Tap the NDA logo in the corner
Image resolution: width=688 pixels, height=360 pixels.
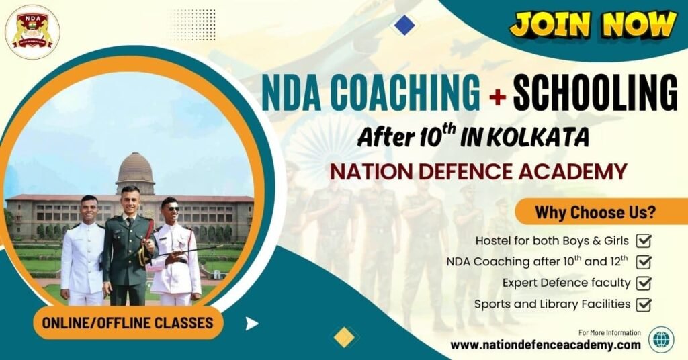click(32, 32)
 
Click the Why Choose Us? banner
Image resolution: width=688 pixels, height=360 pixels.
click(595, 213)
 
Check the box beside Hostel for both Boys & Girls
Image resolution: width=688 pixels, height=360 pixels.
click(644, 240)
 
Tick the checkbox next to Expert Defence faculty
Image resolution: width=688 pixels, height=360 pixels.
click(644, 283)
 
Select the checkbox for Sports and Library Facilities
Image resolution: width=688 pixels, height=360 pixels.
click(644, 304)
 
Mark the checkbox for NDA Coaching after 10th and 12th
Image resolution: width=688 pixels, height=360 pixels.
click(644, 261)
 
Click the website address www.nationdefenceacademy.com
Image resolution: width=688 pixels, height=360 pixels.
click(546, 345)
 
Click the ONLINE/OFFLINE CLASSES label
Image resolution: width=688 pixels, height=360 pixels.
click(128, 323)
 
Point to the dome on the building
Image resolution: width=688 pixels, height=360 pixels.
click(135, 169)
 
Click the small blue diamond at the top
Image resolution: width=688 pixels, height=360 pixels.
click(404, 25)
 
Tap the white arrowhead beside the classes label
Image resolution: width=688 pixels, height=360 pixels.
click(251, 324)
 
